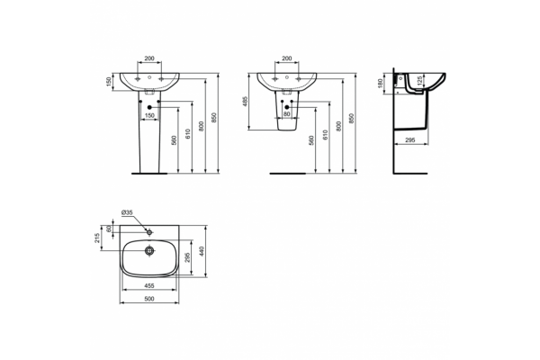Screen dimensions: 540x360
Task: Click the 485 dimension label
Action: (245, 102)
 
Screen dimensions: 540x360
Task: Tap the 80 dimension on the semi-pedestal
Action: (287, 114)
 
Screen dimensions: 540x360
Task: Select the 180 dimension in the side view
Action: (380, 84)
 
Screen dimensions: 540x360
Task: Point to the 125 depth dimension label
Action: (419, 81)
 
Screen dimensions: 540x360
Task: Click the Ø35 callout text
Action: (127, 212)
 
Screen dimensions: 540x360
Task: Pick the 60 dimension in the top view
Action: (110, 229)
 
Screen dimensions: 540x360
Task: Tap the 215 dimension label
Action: (97, 238)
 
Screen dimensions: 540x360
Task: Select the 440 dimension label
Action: (202, 251)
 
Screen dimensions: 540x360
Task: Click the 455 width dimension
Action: (149, 285)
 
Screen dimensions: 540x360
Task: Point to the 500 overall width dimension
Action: (149, 299)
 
